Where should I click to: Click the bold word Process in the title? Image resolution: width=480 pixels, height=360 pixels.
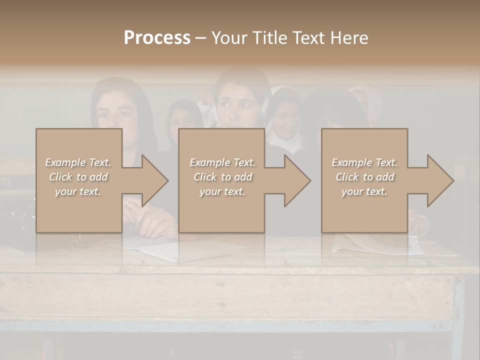pyautogui.click(x=157, y=37)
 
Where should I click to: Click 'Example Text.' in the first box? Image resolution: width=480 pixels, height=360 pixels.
pyautogui.click(x=78, y=162)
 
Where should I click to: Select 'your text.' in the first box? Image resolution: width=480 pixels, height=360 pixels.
pyautogui.click(x=78, y=191)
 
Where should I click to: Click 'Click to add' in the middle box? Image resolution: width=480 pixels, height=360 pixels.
pyautogui.click(x=222, y=177)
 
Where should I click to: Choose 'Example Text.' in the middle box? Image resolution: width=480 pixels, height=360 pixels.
pyautogui.click(x=222, y=162)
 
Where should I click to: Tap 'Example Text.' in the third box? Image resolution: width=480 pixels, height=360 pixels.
pyautogui.click(x=364, y=162)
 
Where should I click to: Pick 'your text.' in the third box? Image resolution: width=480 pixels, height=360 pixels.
pyautogui.click(x=364, y=191)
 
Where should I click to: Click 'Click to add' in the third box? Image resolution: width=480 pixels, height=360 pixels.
pyautogui.click(x=364, y=177)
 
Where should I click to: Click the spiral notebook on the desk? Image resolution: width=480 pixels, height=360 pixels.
pyautogui.click(x=190, y=250)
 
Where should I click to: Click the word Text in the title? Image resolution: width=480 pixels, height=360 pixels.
pyautogui.click(x=306, y=37)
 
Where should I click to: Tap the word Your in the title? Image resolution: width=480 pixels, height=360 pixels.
pyautogui.click(x=229, y=37)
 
